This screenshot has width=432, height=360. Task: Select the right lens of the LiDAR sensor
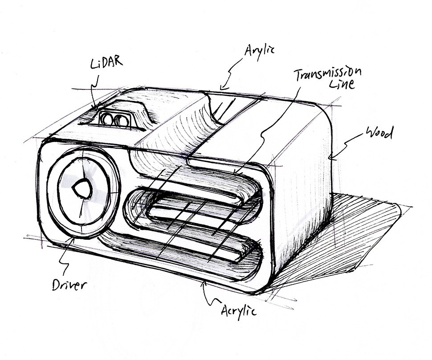[x=121, y=120]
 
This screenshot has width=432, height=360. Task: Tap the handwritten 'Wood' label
[x=379, y=132]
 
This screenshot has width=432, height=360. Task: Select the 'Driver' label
[x=69, y=283]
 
